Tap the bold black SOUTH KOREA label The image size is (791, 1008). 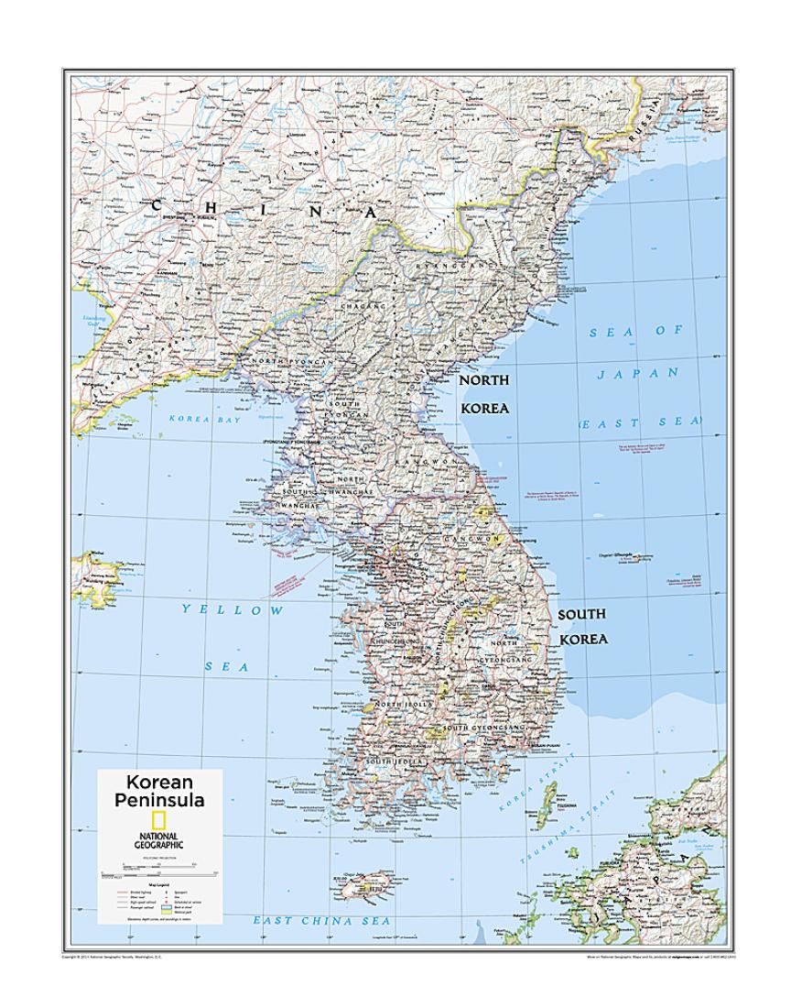point(583,626)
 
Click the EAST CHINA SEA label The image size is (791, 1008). point(321,920)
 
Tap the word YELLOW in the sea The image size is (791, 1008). point(233,609)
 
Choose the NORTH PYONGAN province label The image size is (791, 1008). point(291,363)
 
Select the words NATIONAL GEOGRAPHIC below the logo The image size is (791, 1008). point(158,840)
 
